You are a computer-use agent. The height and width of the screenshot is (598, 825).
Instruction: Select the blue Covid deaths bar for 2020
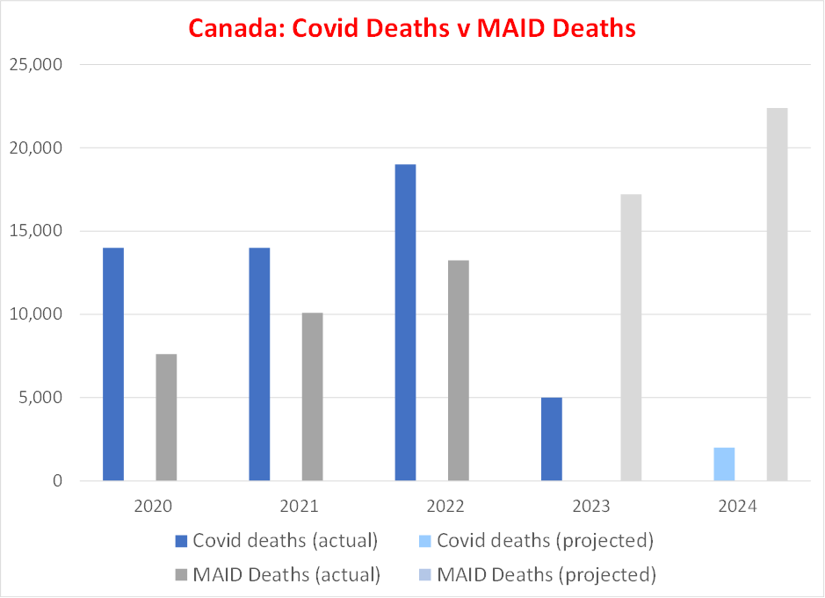[x=113, y=364]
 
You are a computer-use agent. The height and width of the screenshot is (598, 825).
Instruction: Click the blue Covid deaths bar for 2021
[x=259, y=364]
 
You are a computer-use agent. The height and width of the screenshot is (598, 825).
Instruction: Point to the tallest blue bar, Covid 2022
[x=405, y=322]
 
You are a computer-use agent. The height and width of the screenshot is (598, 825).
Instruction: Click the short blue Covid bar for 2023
[x=551, y=439]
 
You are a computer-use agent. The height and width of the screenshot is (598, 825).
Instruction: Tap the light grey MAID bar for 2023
[x=631, y=337]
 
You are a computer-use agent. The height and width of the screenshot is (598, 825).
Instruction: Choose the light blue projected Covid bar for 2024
[x=724, y=464]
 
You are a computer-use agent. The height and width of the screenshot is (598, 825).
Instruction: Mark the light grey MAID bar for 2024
[x=777, y=294]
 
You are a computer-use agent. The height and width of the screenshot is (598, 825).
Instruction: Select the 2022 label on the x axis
[x=446, y=507]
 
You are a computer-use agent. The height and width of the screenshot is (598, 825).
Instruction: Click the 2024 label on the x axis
[x=738, y=507]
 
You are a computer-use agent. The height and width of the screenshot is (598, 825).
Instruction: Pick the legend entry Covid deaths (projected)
[x=533, y=540]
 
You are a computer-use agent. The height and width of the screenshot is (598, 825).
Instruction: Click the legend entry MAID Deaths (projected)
[x=533, y=575]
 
